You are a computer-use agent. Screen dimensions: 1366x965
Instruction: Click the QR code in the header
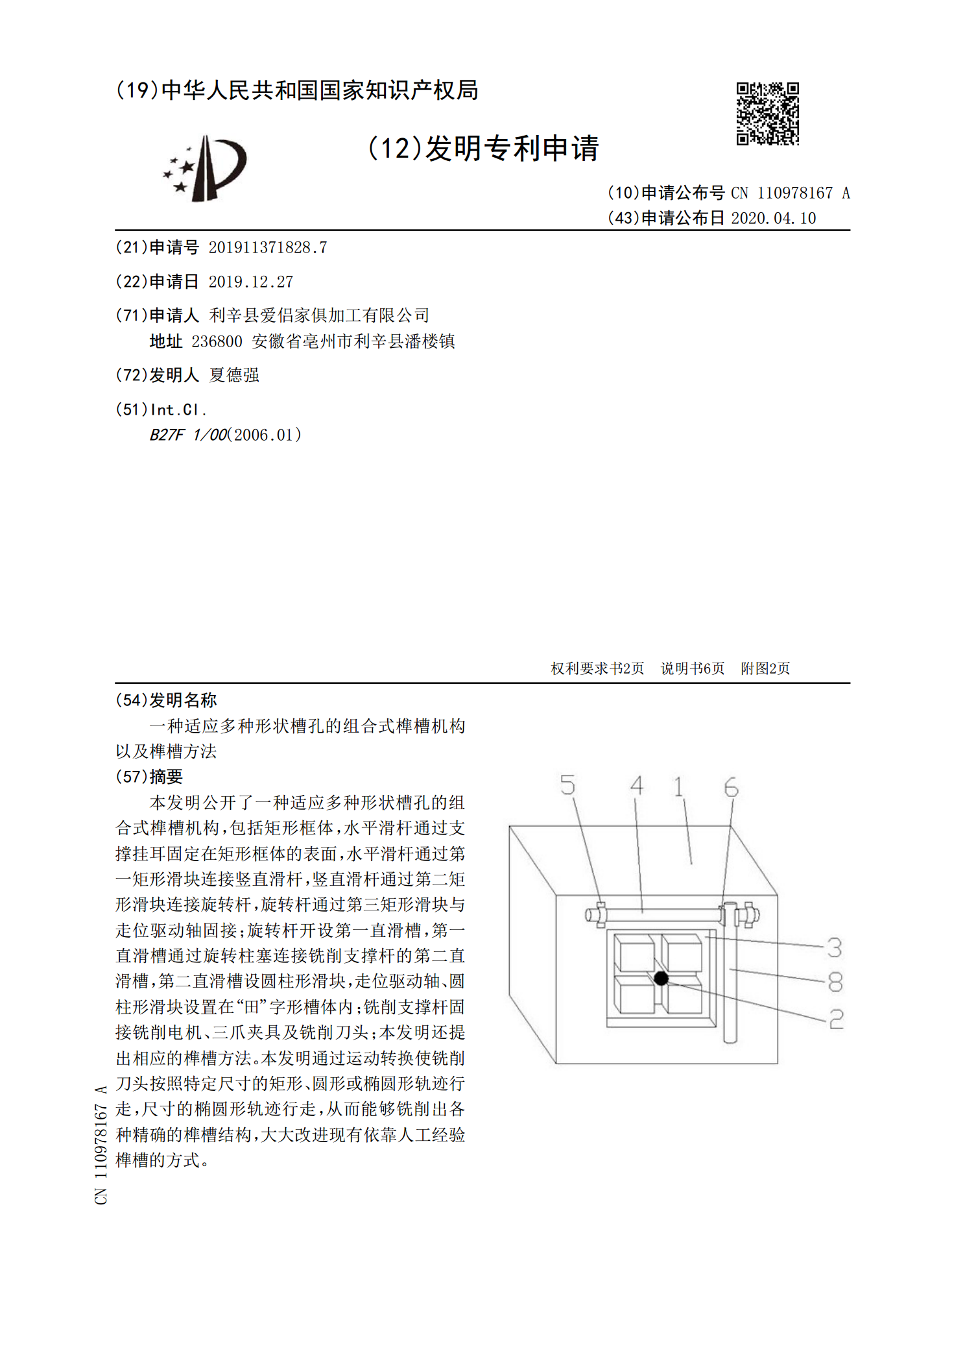pyautogui.click(x=767, y=114)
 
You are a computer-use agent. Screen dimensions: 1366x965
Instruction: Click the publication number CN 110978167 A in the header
pyautogui.click(x=791, y=193)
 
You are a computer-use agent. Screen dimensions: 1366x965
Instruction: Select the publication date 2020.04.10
pyautogui.click(x=773, y=218)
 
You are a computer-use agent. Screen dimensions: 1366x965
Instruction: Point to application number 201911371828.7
pyautogui.click(x=267, y=247)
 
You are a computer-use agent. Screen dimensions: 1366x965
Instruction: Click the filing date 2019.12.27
pyautogui.click(x=250, y=282)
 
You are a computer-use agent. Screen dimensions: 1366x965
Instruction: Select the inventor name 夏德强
pyautogui.click(x=234, y=375)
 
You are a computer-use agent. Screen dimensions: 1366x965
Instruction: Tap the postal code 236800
pyautogui.click(x=217, y=341)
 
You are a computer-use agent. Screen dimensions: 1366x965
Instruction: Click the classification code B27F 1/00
pyautogui.click(x=188, y=435)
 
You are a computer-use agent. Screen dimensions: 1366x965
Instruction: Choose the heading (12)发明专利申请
pyautogui.click(x=482, y=149)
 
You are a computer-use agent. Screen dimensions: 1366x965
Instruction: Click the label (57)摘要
pyautogui.click(x=149, y=777)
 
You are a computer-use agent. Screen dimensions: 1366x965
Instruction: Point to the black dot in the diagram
pyautogui.click(x=661, y=978)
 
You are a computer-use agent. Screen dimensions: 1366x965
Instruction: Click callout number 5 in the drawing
pyautogui.click(x=567, y=785)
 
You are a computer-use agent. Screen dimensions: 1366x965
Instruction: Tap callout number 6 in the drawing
pyautogui.click(x=731, y=787)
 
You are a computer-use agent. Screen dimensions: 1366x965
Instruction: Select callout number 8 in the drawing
pyautogui.click(x=835, y=982)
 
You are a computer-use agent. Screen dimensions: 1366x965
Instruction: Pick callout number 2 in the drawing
pyautogui.click(x=837, y=1019)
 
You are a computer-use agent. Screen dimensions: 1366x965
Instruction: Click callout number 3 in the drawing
pyautogui.click(x=835, y=947)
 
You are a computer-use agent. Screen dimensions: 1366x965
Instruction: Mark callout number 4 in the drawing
pyautogui.click(x=637, y=785)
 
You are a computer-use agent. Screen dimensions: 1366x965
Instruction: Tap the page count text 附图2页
pyautogui.click(x=765, y=668)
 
